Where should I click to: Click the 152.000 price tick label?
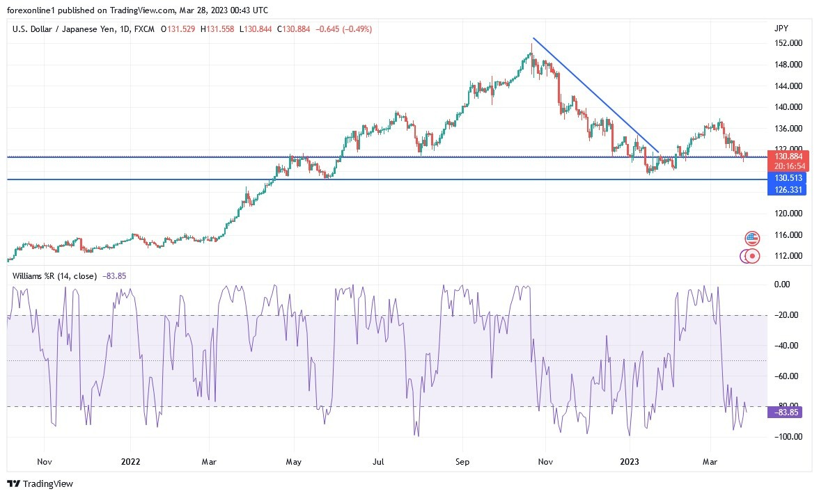click(x=788, y=43)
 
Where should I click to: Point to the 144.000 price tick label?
click(x=788, y=86)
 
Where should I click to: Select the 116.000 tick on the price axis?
click(x=788, y=235)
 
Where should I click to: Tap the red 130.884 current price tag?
click(x=789, y=157)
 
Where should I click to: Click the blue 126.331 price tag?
click(x=789, y=189)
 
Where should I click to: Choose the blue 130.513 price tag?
click(x=789, y=178)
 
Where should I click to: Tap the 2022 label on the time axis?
click(x=131, y=461)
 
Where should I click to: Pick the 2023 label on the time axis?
click(x=630, y=461)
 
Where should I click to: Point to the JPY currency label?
click(x=781, y=29)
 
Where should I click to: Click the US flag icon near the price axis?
click(x=752, y=239)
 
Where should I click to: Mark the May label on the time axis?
click(x=293, y=461)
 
